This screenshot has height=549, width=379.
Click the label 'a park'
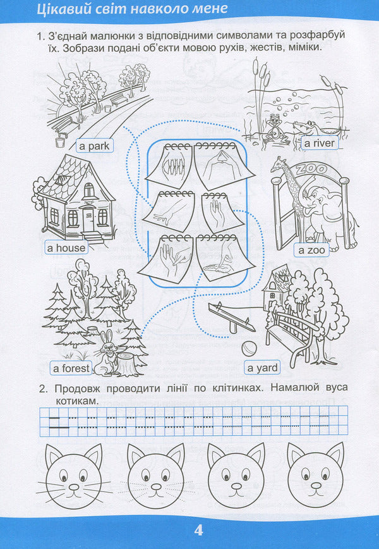pyautogui.click(x=94, y=146)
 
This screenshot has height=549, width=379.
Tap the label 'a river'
pyautogui.click(x=319, y=144)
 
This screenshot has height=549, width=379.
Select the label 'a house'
pyautogui.click(x=66, y=248)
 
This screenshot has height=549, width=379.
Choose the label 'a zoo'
pyautogui.click(x=311, y=250)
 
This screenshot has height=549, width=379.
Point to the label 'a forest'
pyautogui.click(x=71, y=367)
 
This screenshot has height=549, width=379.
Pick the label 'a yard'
pyautogui.click(x=258, y=368)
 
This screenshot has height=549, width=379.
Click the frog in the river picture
pyautogui.click(x=274, y=126)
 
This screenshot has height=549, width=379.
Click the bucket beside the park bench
pyautogui.click(x=61, y=143)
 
